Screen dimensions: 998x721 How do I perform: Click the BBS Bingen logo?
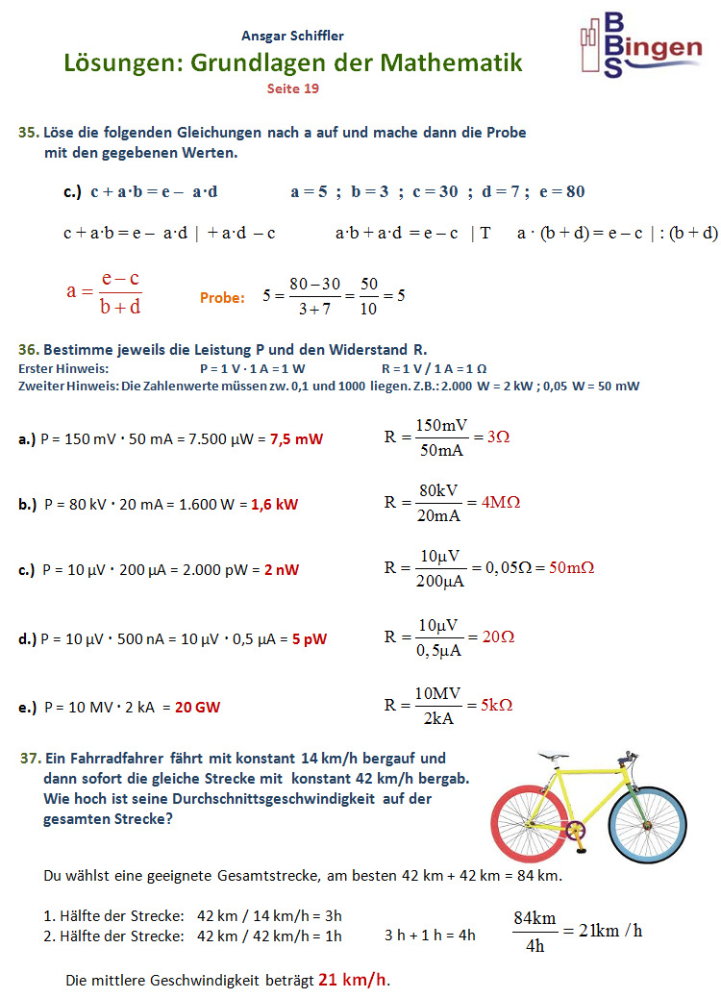[x=641, y=45]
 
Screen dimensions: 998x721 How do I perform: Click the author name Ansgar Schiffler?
[x=293, y=36]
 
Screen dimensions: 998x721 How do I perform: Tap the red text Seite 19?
[x=293, y=88]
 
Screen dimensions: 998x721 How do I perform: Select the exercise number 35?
[x=28, y=133]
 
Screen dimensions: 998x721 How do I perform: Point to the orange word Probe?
[x=222, y=298]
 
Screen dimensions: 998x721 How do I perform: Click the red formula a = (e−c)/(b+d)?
[x=104, y=292]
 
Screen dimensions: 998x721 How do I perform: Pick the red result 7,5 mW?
[x=296, y=438]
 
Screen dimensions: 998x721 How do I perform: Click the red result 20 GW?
[x=197, y=708]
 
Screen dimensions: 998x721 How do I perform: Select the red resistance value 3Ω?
[x=498, y=436]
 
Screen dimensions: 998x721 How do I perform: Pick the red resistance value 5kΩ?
[x=496, y=704]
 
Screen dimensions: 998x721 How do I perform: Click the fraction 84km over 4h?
[x=535, y=931]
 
